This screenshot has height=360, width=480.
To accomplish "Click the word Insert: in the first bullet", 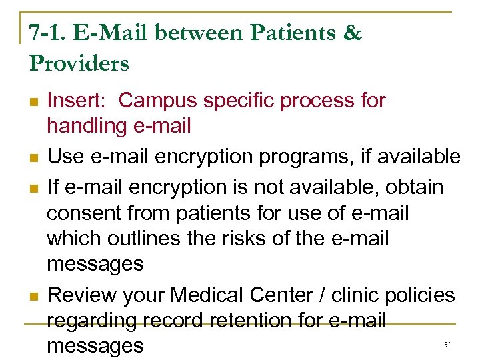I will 80,101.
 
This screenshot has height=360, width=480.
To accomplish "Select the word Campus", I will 160,101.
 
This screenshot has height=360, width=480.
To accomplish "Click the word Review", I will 83,295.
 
